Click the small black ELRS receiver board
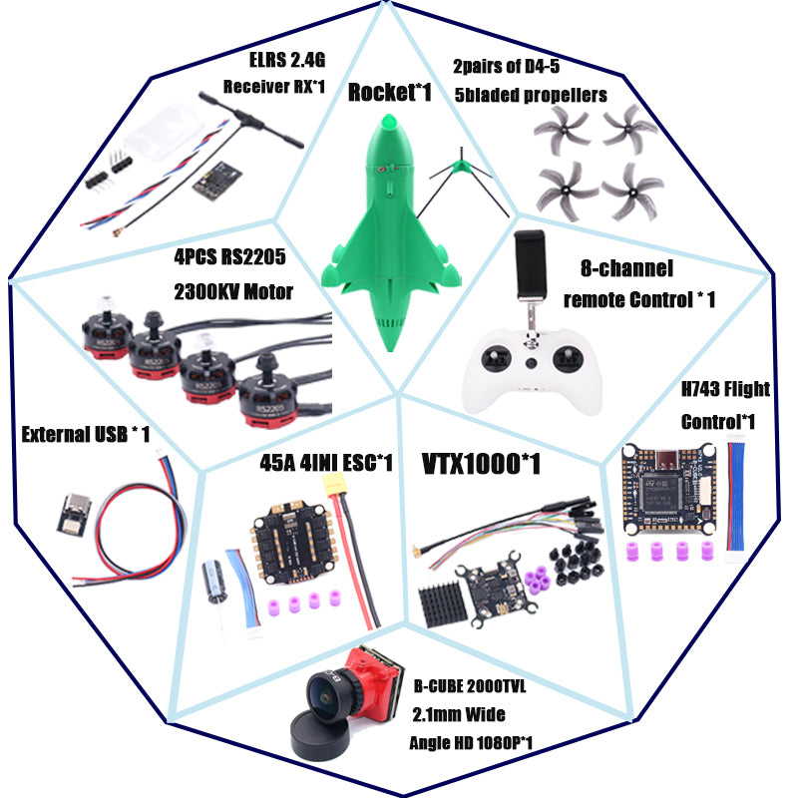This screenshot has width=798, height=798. [x=219, y=180]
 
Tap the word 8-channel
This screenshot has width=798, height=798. [x=627, y=268]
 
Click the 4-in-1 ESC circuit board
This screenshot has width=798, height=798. [x=292, y=544]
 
